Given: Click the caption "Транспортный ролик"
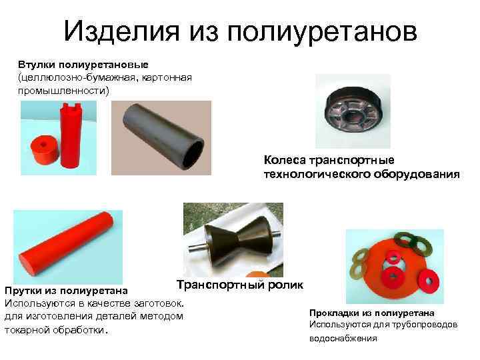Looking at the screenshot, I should [239, 285].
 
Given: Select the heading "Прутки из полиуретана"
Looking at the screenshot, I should [67, 291].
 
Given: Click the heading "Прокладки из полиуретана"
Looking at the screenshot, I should [372, 313].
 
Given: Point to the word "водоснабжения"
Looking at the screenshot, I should [343, 338].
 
